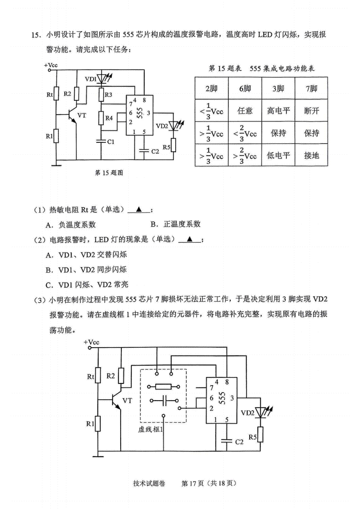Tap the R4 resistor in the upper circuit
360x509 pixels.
101,118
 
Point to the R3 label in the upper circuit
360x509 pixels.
109,95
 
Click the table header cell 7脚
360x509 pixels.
311,88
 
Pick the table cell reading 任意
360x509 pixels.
245,110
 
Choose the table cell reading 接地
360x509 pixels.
311,155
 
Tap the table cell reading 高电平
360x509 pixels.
278,110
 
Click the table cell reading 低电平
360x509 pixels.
278,155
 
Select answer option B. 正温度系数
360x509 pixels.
175,224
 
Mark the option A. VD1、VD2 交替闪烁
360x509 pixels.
86,255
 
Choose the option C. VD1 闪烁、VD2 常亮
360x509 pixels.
87,284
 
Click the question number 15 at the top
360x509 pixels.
36,35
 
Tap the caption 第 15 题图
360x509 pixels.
109,173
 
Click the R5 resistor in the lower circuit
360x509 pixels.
260,434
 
